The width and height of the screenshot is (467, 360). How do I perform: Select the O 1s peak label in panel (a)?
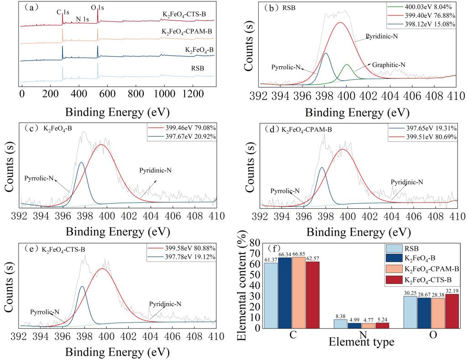[97, 8]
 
